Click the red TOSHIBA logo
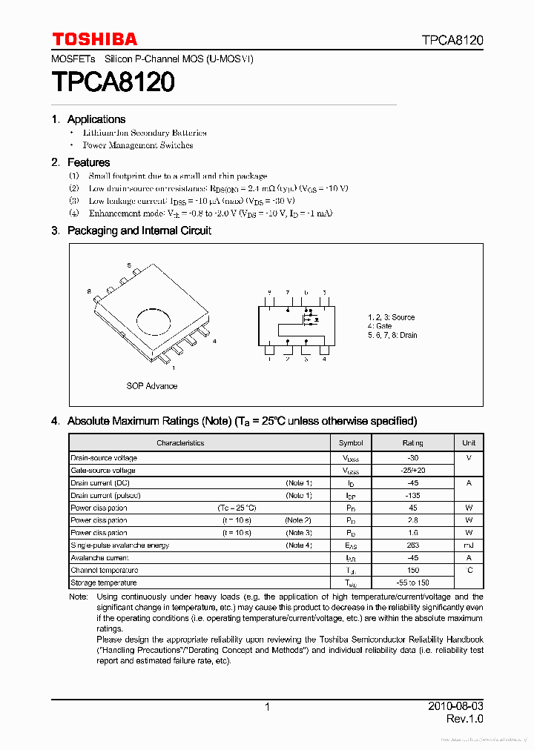(94, 39)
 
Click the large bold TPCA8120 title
(113, 82)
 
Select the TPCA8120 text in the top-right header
(452, 40)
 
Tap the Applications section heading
(96, 119)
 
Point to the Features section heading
(88, 162)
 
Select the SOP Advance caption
(151, 386)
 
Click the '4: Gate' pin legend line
(380, 326)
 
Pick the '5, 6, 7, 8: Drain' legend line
(392, 335)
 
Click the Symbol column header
(351, 443)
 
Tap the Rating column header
(413, 443)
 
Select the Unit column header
(469, 443)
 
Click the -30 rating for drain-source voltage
(413, 458)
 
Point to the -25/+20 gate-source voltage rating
(413, 471)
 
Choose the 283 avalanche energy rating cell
(413, 545)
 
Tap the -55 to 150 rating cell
(413, 583)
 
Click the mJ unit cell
(469, 545)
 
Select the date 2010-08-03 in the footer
(455, 706)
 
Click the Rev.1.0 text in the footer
(464, 719)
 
